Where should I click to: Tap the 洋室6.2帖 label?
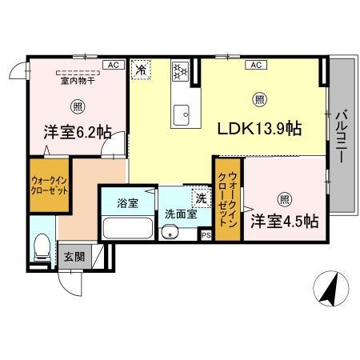click(77, 134)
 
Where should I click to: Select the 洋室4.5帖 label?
click(284, 220)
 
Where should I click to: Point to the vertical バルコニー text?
click(341, 137)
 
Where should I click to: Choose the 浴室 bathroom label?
click(126, 202)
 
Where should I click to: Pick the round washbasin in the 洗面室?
click(168, 232)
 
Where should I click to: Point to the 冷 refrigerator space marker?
click(141, 70)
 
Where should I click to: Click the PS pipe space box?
click(206, 235)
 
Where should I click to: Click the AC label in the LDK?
click(258, 64)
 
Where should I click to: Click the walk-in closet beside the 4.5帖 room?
click(227, 200)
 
